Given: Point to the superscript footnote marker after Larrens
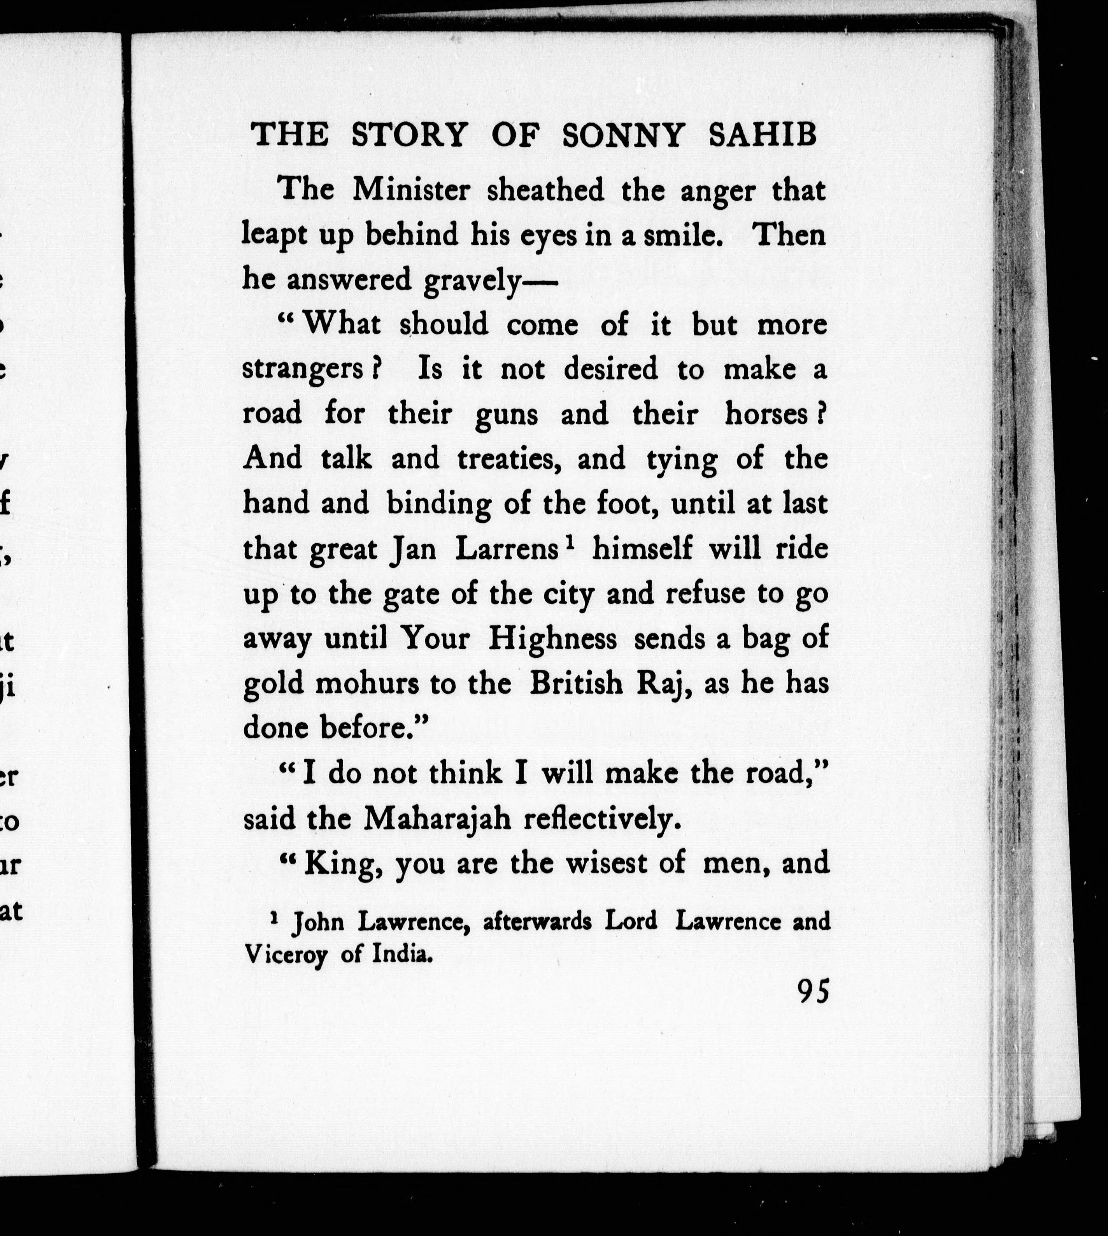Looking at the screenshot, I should point(569,543).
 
